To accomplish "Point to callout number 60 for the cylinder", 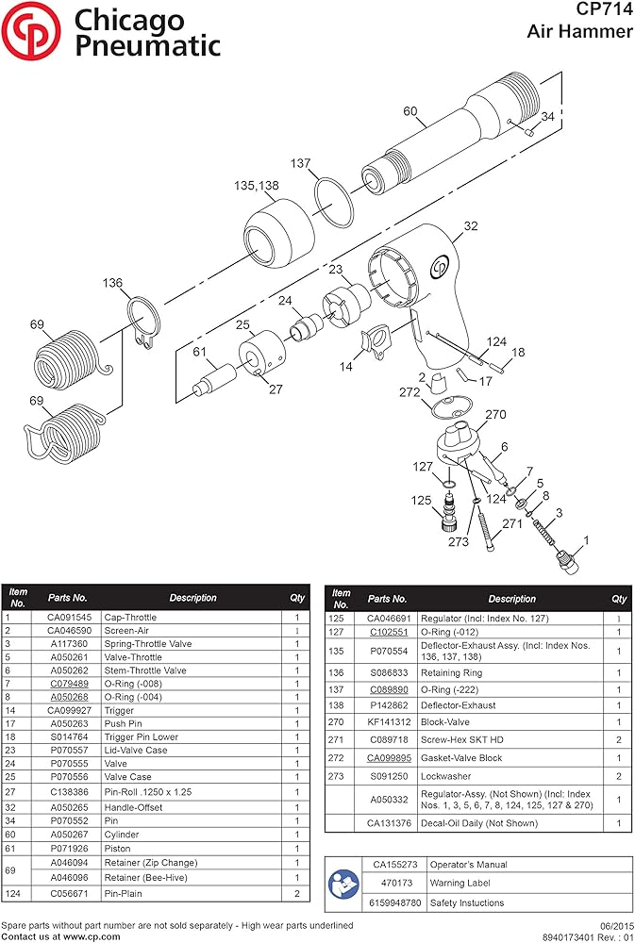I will pos(409,111).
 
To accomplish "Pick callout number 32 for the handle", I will pos(470,226).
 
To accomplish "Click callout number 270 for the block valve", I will pos(495,414).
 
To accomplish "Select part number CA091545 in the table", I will pos(68,618).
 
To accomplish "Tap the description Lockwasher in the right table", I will pos(447,775).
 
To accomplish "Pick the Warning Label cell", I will pos(460,884).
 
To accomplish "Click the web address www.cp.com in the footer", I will pos(92,937).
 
